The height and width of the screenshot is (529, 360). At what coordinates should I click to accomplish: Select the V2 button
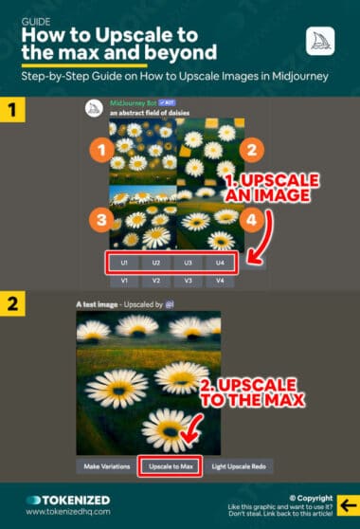[156, 281]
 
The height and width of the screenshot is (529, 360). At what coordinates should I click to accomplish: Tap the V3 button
[189, 281]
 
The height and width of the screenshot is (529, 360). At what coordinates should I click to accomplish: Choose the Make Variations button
[105, 465]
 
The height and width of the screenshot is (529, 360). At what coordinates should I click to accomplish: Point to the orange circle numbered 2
[251, 148]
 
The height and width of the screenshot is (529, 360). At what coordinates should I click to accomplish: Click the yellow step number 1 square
[16, 110]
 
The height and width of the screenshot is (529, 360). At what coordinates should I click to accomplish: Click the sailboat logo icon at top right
[320, 41]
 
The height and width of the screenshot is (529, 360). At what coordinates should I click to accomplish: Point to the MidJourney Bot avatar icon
[94, 107]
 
